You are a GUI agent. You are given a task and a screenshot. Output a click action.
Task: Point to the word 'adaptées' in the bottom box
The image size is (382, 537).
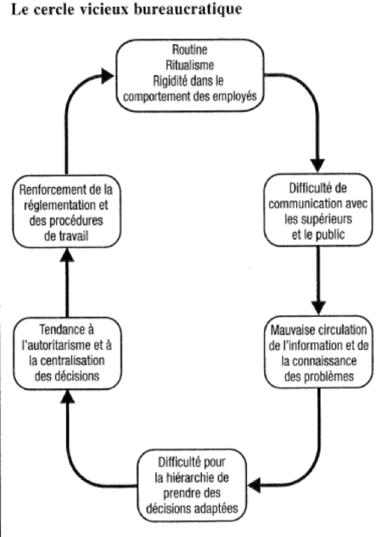tap(227, 510)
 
